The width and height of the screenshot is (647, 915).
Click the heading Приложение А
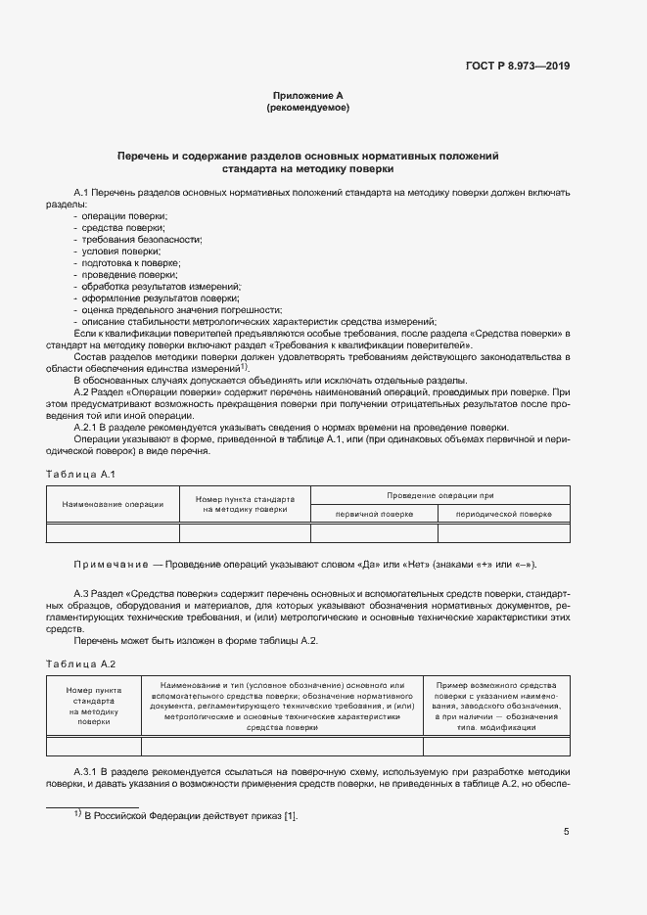point(308,96)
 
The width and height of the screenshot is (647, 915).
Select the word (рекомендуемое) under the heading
point(308,108)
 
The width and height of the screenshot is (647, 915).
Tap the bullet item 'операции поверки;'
point(124,215)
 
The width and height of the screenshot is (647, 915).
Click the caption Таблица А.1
point(81,475)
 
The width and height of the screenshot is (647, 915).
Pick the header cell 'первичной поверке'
point(373,514)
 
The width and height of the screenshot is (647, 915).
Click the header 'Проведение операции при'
point(439,495)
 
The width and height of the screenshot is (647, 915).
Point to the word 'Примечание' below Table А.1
point(108,566)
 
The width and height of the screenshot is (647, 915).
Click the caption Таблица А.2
point(81,663)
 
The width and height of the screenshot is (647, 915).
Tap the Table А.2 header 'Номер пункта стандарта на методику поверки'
point(94,705)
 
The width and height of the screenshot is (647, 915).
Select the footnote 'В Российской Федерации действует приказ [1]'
point(189,816)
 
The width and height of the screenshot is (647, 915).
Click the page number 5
point(566,833)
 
